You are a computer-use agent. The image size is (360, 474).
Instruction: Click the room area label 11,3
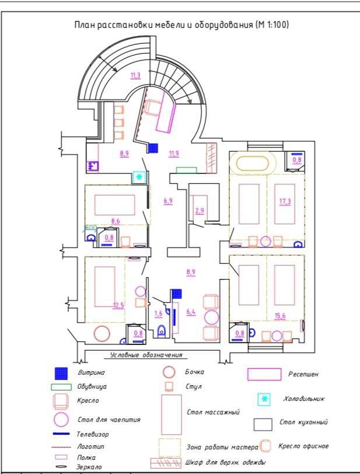tap(135, 75)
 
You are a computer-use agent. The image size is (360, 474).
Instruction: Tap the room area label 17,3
tap(285, 201)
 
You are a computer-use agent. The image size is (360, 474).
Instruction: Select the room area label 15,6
tap(280, 316)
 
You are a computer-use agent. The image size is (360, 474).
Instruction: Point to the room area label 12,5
tap(118, 305)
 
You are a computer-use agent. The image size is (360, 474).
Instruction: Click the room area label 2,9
tap(200, 210)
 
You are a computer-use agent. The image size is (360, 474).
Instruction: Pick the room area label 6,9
tap(168, 201)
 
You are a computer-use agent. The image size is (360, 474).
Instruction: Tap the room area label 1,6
tap(158, 313)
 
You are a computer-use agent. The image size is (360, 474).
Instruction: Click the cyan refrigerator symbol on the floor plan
tap(139, 177)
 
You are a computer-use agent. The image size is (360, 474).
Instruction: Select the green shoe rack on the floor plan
tap(187, 170)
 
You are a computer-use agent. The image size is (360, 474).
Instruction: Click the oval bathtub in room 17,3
tap(253, 164)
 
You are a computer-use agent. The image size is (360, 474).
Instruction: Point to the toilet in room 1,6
tap(162, 332)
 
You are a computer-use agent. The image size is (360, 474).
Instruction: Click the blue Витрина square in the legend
tap(61, 374)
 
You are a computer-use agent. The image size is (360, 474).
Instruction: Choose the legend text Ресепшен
tap(303, 374)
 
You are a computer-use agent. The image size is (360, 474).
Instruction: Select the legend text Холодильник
tap(304, 399)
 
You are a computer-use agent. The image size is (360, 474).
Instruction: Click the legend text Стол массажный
tap(214, 412)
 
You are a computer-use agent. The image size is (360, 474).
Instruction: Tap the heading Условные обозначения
tap(146, 355)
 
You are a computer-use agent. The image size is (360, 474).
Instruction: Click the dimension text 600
tap(90, 227)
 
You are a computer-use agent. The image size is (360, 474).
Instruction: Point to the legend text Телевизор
tap(93, 434)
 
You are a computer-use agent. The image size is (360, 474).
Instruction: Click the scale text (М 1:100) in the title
tap(272, 25)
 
